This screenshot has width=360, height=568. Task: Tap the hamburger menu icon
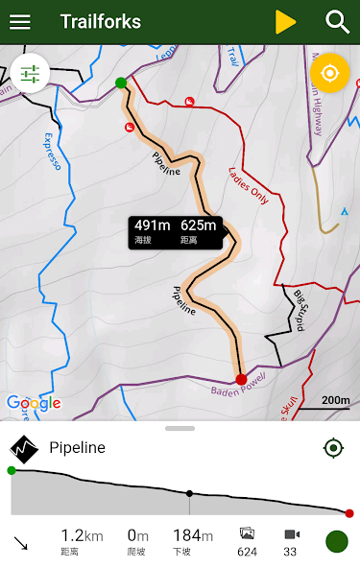[x=19, y=22]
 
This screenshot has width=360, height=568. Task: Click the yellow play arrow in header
[x=285, y=22]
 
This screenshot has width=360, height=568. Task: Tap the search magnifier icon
[x=337, y=22]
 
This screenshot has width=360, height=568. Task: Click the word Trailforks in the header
[x=100, y=22]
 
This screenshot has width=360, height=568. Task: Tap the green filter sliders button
[x=30, y=73]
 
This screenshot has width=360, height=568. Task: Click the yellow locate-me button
[x=329, y=73]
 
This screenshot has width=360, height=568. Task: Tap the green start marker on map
[x=121, y=83]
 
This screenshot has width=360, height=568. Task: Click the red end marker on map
[x=241, y=379]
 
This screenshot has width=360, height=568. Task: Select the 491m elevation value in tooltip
[x=152, y=226]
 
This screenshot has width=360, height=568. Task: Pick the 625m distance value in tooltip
[x=199, y=226]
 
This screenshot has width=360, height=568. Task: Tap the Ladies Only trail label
[x=249, y=186]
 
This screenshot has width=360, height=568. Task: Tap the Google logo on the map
[x=34, y=404]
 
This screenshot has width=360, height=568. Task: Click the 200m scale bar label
[x=335, y=400]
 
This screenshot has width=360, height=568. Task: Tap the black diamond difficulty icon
[x=23, y=449]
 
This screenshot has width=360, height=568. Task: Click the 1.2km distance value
[x=81, y=535]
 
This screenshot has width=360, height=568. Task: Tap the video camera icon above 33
[x=291, y=534]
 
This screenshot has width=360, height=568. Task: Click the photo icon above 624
[x=247, y=534]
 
